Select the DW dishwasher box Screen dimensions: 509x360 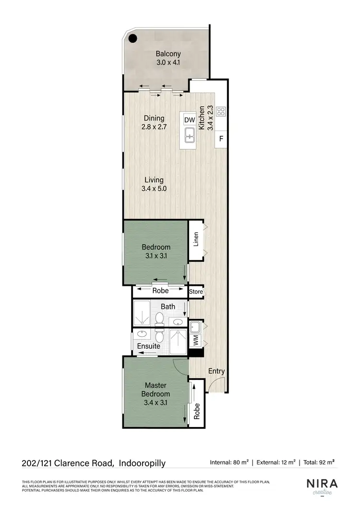190,120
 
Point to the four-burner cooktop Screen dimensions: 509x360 221,111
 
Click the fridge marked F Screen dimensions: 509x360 221,139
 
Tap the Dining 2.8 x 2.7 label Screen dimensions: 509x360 153,123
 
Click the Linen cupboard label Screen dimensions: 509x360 196,240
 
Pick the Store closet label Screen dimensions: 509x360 196,291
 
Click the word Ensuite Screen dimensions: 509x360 148,346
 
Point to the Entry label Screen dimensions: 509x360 216,371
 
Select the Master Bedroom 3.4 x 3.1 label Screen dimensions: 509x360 156,394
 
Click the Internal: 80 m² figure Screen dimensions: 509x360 229,463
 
